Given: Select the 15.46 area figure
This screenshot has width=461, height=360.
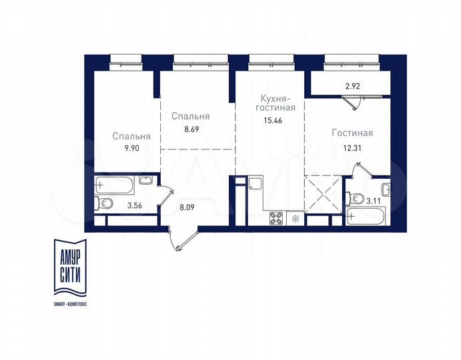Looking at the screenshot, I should [273, 122].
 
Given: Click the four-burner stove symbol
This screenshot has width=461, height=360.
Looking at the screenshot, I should [276, 218].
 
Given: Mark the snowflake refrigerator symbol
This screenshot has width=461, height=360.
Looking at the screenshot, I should [295, 218].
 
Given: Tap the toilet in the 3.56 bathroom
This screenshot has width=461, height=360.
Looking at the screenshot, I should [102, 204].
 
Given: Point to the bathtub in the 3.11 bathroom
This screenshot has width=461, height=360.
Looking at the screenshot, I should [366, 217].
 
